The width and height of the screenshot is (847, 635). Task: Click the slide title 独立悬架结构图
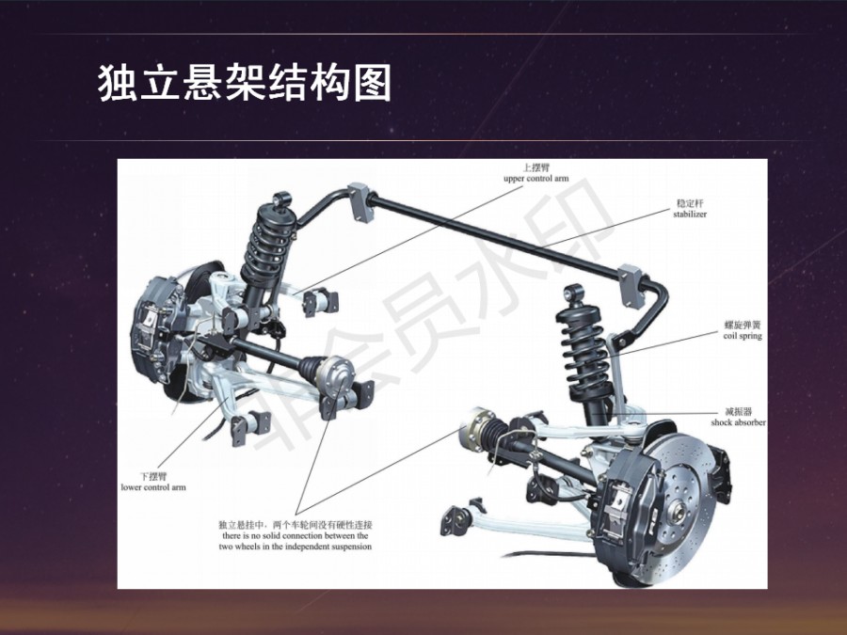(x=244, y=83)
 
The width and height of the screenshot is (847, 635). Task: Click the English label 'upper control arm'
(x=535, y=179)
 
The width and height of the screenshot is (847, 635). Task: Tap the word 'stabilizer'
(x=690, y=214)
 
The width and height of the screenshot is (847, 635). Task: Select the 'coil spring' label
(x=743, y=336)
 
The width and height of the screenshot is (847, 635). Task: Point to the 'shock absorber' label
(x=738, y=422)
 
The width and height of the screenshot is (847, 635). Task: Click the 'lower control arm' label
(x=153, y=487)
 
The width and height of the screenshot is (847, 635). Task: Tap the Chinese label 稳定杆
(x=691, y=203)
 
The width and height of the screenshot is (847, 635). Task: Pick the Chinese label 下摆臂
(x=154, y=476)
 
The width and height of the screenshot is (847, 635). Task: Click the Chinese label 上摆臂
(x=536, y=168)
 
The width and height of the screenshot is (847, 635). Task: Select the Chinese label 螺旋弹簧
(x=743, y=325)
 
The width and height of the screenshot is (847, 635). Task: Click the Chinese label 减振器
(x=739, y=411)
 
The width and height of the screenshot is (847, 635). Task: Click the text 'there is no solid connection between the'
(x=296, y=535)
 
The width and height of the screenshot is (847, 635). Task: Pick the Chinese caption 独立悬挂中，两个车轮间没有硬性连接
(x=296, y=525)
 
